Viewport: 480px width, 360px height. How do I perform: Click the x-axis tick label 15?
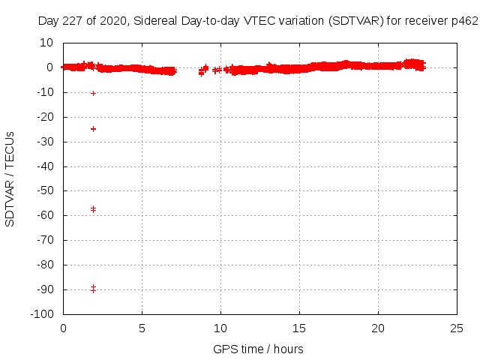(x=300, y=328)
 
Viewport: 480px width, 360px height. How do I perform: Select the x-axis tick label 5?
(x=142, y=328)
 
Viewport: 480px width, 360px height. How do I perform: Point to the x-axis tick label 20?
(x=379, y=328)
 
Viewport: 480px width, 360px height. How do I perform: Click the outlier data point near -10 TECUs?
(x=93, y=93)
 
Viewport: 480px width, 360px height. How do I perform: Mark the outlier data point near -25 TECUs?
(x=93, y=129)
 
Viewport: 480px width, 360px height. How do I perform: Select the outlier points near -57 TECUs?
(x=93, y=208)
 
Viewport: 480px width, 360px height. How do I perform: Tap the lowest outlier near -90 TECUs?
(x=93, y=289)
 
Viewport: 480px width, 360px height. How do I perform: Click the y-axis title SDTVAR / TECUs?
(x=10, y=178)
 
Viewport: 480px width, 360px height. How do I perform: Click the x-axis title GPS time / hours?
(x=258, y=349)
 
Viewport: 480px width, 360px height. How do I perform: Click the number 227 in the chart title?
(x=73, y=22)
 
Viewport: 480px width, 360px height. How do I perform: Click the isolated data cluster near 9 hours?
(x=201, y=71)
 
